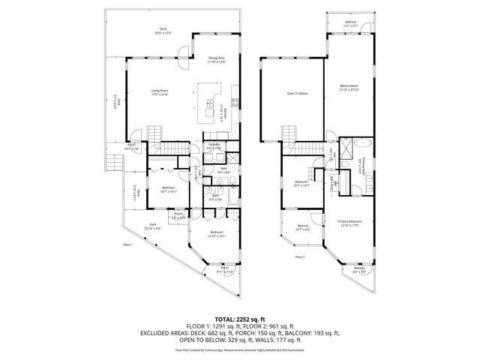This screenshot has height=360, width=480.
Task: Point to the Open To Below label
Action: (x=298, y=94)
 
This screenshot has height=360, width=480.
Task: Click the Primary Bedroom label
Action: (x=350, y=223)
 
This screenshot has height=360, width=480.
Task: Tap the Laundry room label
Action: (x=214, y=146)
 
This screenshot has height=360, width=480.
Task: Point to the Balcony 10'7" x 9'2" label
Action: (x=303, y=228)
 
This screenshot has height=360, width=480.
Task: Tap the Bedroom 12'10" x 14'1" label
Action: (x=217, y=234)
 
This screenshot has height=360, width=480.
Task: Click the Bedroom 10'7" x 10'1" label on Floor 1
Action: (x=169, y=189)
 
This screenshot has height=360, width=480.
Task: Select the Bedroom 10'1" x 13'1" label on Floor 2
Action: (x=302, y=184)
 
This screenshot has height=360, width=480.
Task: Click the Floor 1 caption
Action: (x=127, y=244)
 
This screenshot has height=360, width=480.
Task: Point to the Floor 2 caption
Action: (x=299, y=257)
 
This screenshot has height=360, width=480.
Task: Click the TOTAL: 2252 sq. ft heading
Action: (x=239, y=319)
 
